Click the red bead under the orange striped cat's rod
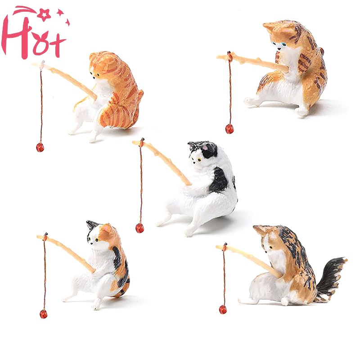tap(40, 147)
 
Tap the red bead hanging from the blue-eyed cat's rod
tap(229, 129)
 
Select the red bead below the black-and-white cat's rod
tap(139, 228)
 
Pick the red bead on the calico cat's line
tap(43, 314)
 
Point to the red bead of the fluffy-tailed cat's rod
tap(223, 310)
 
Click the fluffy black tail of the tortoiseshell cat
tap(331, 278)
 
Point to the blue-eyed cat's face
tap(279, 44)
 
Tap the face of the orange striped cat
tap(97, 73)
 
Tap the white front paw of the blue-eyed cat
tap(250, 101)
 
